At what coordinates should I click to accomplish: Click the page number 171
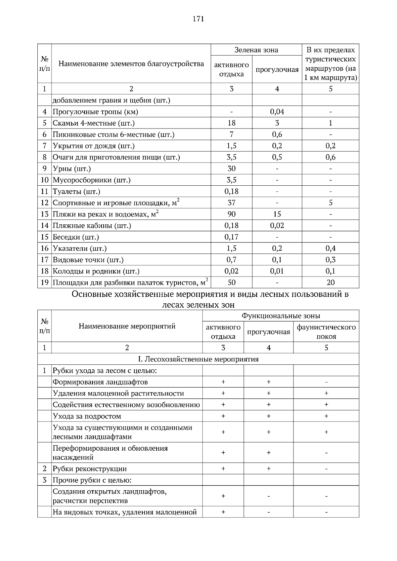pos(198,19)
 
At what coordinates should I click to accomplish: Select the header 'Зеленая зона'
pos(256,50)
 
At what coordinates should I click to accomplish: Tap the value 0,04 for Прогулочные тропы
pos(277,112)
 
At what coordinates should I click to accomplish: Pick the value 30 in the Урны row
pos(231,168)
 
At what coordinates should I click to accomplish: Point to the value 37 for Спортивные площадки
pos(231,203)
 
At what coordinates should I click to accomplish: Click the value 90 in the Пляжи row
pos(231,214)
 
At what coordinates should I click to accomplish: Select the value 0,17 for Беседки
pos(231,237)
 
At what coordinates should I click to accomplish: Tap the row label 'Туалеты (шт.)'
pos(76,191)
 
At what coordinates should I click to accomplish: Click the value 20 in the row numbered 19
pos(330,282)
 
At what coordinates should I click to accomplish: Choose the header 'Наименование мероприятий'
pos(127,326)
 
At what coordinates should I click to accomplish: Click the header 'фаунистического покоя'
pos(326,332)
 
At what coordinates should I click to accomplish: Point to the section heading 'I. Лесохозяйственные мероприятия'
pos(198,359)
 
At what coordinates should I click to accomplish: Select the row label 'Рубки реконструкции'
pos(90,469)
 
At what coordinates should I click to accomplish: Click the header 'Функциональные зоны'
pos(281,316)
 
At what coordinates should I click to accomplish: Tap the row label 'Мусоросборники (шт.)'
pos(92,180)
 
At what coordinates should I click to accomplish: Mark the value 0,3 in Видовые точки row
pos(330,260)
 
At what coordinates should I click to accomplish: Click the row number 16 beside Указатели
pos(45,248)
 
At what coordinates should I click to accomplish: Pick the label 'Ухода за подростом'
pos(87,416)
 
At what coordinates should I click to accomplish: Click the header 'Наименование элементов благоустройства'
pos(131,64)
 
